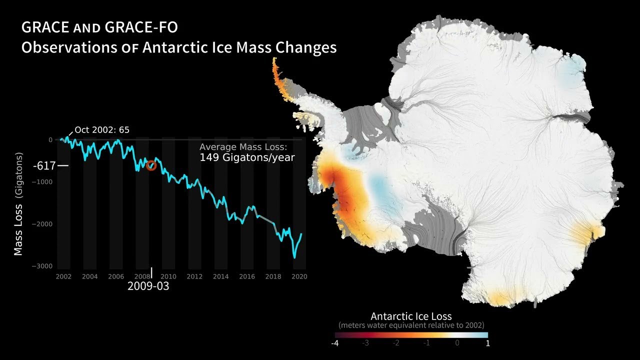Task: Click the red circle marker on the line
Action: click(x=151, y=166)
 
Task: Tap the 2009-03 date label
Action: click(x=148, y=286)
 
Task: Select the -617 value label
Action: click(x=44, y=165)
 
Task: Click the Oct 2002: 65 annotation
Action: click(x=102, y=130)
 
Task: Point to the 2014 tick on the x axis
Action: click(x=220, y=276)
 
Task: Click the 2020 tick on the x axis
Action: click(x=299, y=276)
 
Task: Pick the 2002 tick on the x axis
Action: click(x=63, y=276)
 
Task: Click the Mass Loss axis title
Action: click(x=18, y=205)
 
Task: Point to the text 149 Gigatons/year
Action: click(x=247, y=157)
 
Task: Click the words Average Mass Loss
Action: click(x=243, y=147)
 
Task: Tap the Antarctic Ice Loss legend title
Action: click(x=411, y=316)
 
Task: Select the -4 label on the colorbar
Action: click(x=335, y=343)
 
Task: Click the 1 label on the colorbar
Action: click(x=487, y=343)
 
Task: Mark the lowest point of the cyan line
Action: click(x=294, y=257)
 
